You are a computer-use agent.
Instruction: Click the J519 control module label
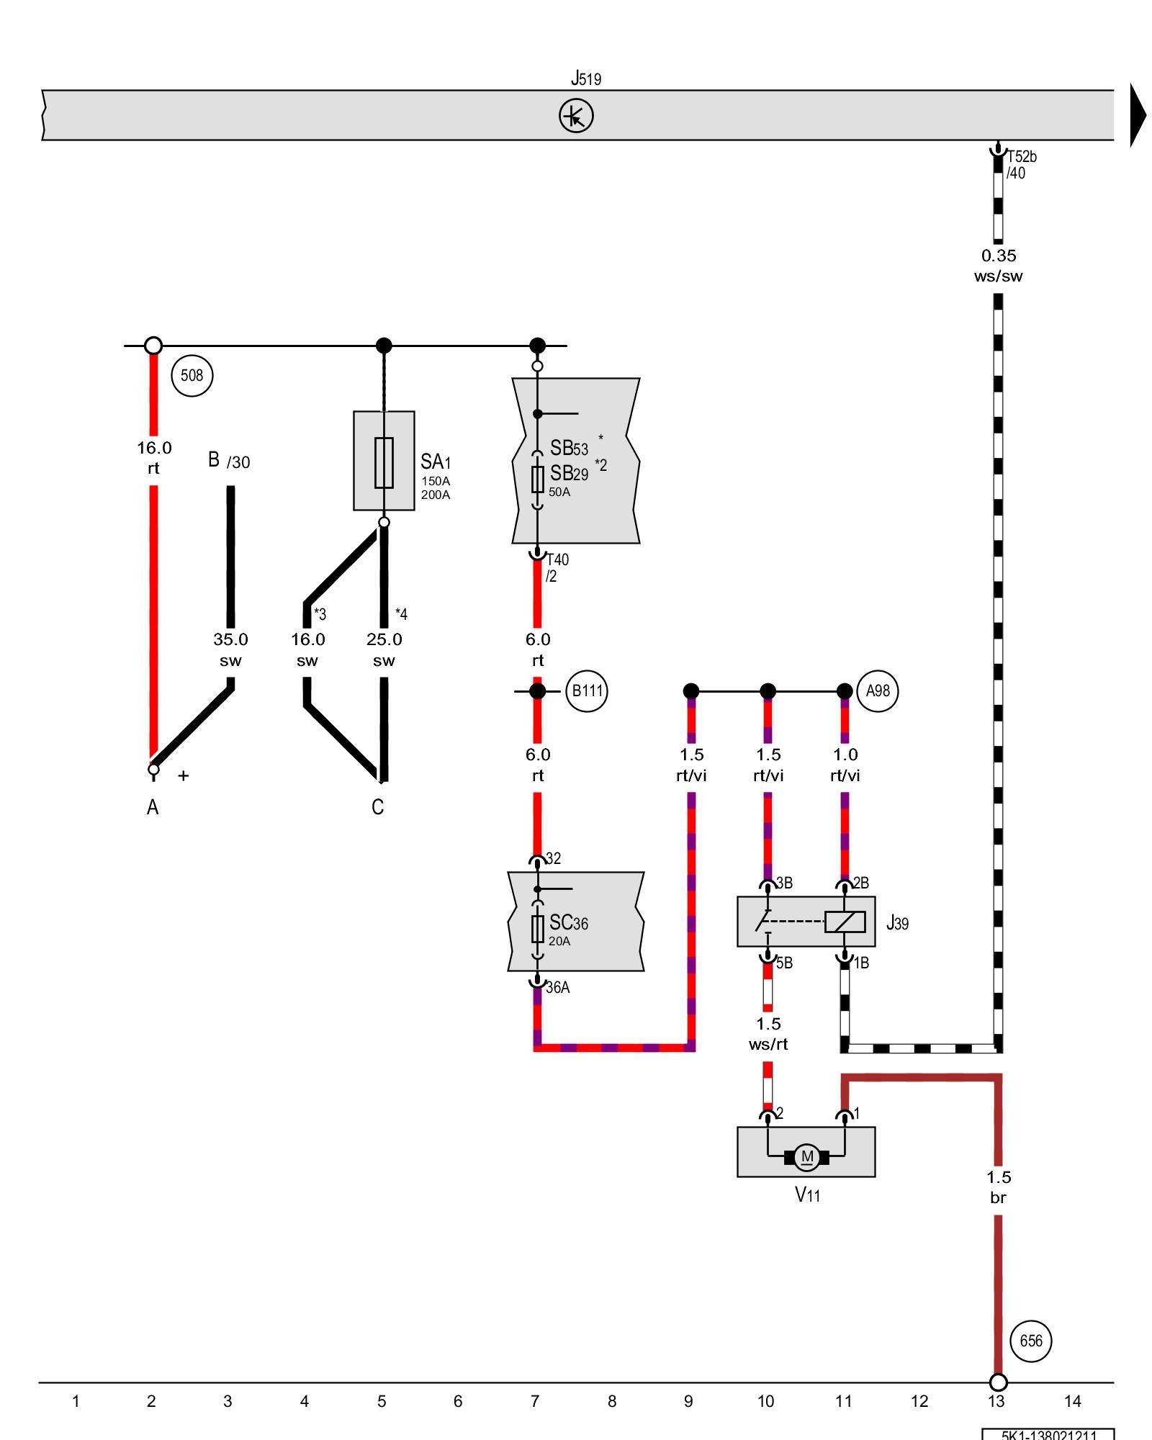tap(585, 78)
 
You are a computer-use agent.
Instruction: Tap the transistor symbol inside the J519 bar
tap(576, 116)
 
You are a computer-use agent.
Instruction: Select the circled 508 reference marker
tap(192, 375)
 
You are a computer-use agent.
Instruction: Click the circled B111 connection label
tap(587, 691)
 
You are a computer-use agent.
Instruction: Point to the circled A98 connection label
tap(878, 691)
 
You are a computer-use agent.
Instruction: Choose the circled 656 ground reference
tap(1031, 1341)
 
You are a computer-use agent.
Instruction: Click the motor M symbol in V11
tap(806, 1158)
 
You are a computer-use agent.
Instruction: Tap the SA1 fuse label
tap(436, 462)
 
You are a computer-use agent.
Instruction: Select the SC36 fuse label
tap(568, 923)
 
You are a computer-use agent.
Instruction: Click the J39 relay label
tap(897, 922)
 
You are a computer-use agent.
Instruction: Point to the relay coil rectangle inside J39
tap(845, 922)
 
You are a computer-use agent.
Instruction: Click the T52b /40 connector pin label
tap(1020, 165)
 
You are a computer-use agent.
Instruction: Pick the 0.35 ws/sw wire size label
tap(998, 266)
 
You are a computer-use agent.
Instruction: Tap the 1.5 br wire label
tap(998, 1187)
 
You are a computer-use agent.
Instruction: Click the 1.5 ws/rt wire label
tap(768, 1034)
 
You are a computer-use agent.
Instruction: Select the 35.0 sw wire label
tap(230, 649)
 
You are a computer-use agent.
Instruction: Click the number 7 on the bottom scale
tap(535, 1401)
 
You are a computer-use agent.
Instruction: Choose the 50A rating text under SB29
tap(559, 492)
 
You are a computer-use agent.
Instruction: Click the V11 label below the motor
tap(807, 1195)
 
